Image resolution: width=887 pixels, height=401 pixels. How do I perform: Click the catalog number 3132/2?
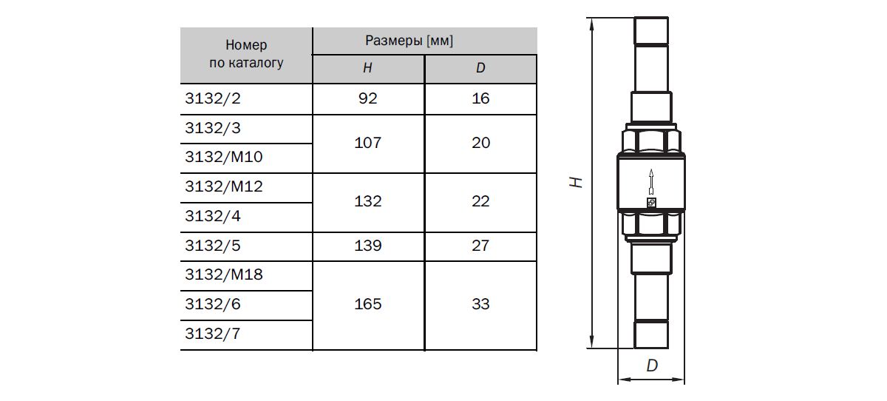point(213,98)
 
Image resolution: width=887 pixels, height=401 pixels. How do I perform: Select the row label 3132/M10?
point(224,157)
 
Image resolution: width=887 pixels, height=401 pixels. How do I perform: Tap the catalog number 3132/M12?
point(224,186)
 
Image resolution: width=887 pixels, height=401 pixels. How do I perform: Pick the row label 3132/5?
point(213,246)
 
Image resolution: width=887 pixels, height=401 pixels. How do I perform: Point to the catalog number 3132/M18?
point(224,274)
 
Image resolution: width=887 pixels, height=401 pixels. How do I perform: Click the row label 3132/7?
point(213,334)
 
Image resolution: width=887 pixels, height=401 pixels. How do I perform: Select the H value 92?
point(368,98)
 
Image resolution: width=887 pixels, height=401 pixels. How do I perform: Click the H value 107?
point(368,143)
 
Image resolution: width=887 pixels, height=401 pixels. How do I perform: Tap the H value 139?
point(368,246)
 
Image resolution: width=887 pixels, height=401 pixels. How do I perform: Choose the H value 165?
point(368,304)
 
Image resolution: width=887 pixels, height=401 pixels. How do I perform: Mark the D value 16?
point(480,98)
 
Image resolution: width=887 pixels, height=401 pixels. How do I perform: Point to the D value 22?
point(480,201)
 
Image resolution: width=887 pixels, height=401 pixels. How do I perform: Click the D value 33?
point(480,304)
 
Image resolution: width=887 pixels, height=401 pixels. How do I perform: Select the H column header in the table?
point(367,68)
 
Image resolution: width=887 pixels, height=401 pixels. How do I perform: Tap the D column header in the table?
point(480,68)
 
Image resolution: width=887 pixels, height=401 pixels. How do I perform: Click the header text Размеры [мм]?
point(409,41)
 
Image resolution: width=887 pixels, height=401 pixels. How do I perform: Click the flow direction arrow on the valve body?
point(651,182)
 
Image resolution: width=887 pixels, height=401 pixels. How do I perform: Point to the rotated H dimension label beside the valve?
point(576,182)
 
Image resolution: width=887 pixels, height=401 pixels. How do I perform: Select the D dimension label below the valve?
point(652,365)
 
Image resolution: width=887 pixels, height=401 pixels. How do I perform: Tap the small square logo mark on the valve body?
point(651,203)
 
